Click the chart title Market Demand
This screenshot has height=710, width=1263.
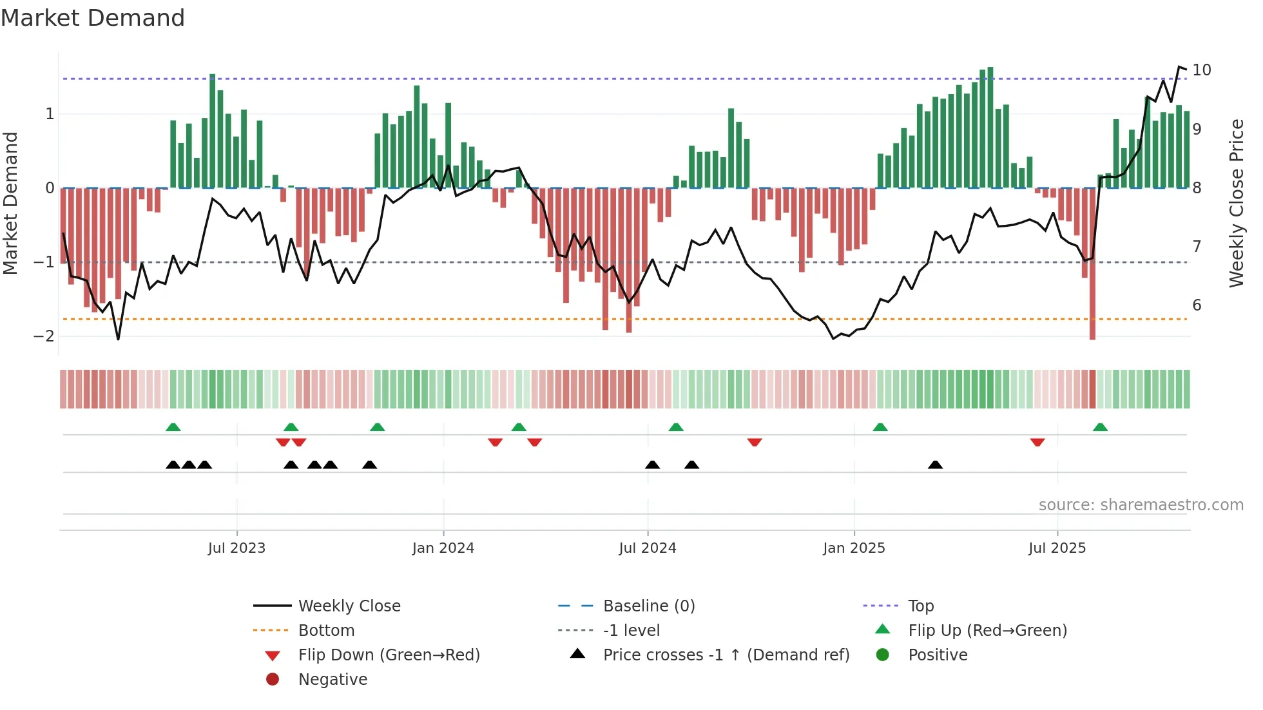coord(93,17)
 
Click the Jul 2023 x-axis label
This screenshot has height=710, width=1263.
coord(236,548)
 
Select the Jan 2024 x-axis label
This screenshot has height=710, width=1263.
coord(443,548)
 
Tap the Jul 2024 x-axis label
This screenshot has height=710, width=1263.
coord(647,548)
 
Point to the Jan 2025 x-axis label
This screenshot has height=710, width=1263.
coord(854,548)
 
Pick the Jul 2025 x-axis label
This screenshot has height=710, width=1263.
coord(1057,548)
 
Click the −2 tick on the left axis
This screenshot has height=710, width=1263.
coord(44,336)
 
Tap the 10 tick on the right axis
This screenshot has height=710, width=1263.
coord(1201,70)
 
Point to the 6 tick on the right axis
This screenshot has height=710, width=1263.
coord(1197,305)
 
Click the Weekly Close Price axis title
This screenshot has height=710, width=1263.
coord(1236,203)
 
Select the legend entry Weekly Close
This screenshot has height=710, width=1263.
coord(349,606)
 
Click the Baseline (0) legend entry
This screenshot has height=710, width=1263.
coord(648,606)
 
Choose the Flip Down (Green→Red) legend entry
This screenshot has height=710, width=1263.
coord(389,655)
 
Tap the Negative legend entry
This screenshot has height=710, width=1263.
coord(333,680)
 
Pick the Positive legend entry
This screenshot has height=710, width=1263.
coord(937,655)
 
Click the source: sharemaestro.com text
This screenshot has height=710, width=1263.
coord(1141,505)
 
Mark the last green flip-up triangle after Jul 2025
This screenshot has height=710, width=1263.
coord(1100,427)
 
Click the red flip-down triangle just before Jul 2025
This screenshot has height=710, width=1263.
coord(1037,442)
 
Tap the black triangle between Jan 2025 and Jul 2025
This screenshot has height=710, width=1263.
coord(935,465)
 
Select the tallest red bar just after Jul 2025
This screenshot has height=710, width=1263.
coord(1092,264)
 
